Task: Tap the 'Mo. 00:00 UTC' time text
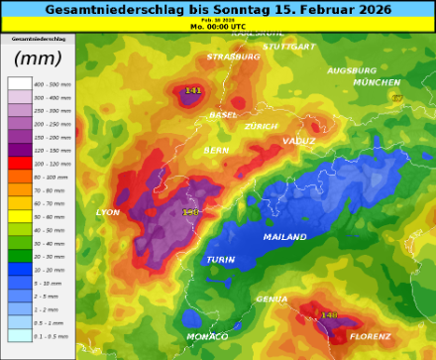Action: click(x=218, y=27)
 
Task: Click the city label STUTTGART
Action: click(x=288, y=47)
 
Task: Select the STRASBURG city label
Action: click(x=233, y=58)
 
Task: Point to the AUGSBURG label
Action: click(x=352, y=71)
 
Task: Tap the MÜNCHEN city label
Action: click(x=377, y=83)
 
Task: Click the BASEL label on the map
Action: click(x=223, y=115)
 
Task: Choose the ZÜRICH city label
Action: click(x=262, y=127)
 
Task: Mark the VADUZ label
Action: click(x=298, y=142)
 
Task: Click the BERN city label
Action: click(x=216, y=151)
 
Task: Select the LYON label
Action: click(x=108, y=213)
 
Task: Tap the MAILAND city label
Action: click(x=284, y=237)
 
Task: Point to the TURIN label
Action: click(x=220, y=260)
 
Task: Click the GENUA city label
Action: click(x=272, y=299)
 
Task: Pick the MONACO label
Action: click(x=207, y=337)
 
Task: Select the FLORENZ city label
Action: click(x=370, y=337)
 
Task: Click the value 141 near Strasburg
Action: click(x=193, y=91)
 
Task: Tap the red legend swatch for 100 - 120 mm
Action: click(x=20, y=163)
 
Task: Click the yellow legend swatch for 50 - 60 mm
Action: click(x=20, y=216)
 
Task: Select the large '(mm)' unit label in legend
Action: click(x=38, y=59)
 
